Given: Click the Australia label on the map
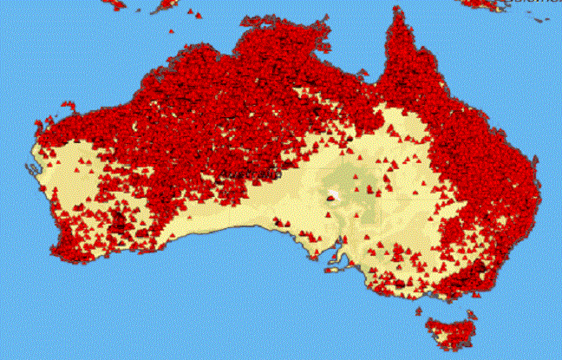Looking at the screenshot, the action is point(251,174).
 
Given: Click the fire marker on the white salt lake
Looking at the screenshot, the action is point(330,199).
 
